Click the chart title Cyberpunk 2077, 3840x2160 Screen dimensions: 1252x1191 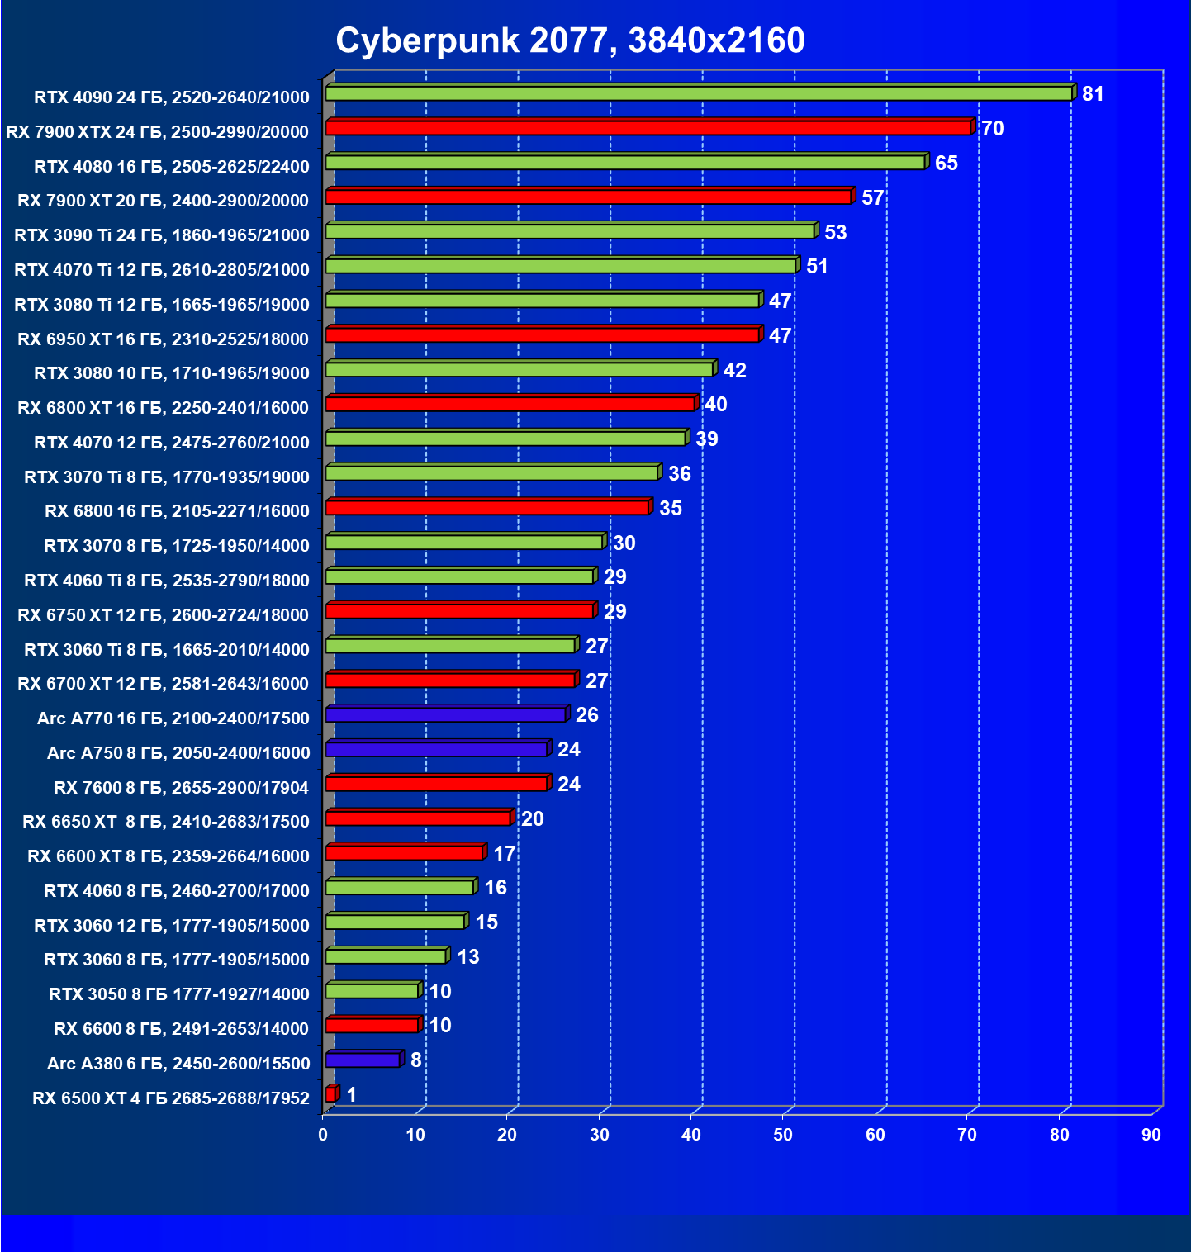(x=570, y=40)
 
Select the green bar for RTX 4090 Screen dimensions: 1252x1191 (x=699, y=93)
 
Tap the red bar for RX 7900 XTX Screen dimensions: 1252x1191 (x=648, y=128)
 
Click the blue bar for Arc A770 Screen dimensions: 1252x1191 (x=446, y=714)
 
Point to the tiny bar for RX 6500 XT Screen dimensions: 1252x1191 (x=331, y=1094)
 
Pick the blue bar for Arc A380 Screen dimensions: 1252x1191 (x=363, y=1060)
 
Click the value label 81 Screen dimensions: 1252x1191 (x=1093, y=94)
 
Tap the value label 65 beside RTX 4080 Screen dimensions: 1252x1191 (x=946, y=163)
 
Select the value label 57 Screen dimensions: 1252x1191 (x=872, y=197)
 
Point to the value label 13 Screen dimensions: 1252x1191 (x=467, y=956)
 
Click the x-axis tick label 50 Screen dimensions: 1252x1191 (x=783, y=1135)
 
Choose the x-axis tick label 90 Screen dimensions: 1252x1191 (x=1151, y=1135)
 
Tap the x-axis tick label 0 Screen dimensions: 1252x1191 (x=323, y=1135)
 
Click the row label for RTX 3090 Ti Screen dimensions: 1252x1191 (x=162, y=235)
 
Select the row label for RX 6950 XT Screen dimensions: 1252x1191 (x=163, y=339)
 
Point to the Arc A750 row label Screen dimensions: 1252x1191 (x=178, y=753)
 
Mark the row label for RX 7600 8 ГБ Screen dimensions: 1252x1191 (x=181, y=788)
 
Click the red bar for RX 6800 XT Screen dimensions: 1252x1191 (x=510, y=404)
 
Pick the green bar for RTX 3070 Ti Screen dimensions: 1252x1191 (x=492, y=473)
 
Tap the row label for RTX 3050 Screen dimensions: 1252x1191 (x=179, y=994)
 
